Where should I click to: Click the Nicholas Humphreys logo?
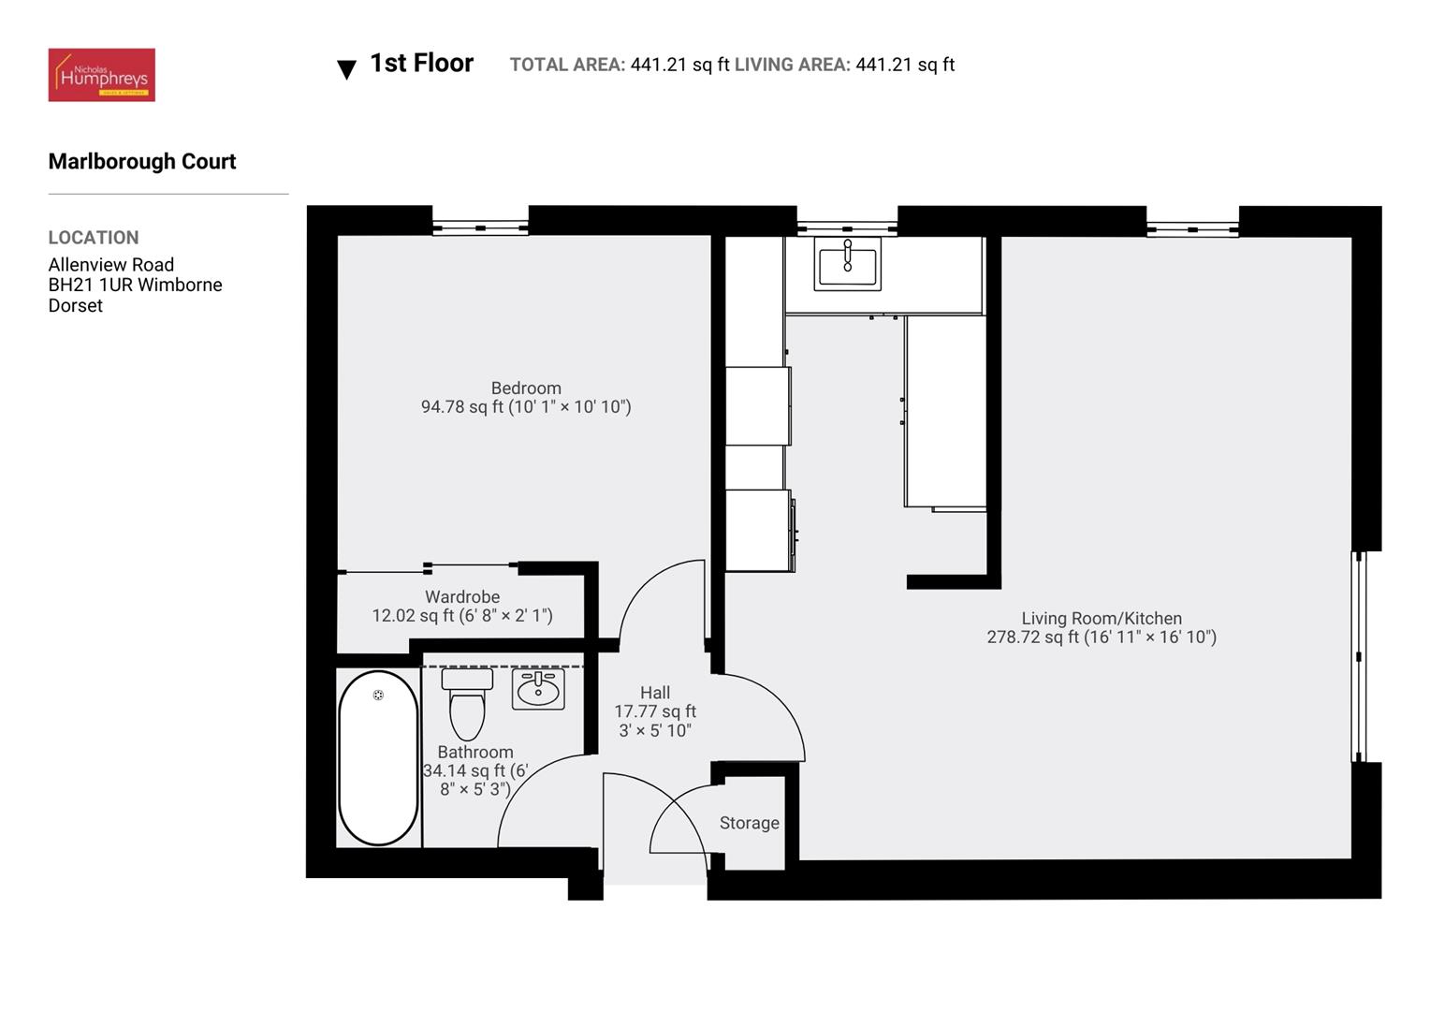(101, 75)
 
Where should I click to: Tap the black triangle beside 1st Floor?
(346, 69)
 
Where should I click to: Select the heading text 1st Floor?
(421, 63)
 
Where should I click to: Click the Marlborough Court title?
(142, 161)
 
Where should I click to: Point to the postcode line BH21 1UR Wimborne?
(135, 285)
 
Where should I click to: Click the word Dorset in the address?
(75, 305)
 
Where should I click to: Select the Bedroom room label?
(526, 388)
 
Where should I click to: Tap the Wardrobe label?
(462, 596)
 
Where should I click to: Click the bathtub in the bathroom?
(378, 758)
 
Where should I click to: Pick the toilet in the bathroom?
(467, 706)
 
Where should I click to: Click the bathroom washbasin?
(538, 690)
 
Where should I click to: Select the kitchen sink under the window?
(847, 263)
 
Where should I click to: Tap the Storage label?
(749, 823)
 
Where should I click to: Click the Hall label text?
(655, 693)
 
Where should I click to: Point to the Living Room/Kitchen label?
(1102, 618)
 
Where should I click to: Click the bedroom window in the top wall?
(480, 227)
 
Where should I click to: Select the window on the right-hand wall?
(1360, 656)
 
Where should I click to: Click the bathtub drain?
(378, 695)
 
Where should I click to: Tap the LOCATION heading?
(94, 238)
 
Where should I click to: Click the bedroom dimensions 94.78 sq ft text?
(526, 406)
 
